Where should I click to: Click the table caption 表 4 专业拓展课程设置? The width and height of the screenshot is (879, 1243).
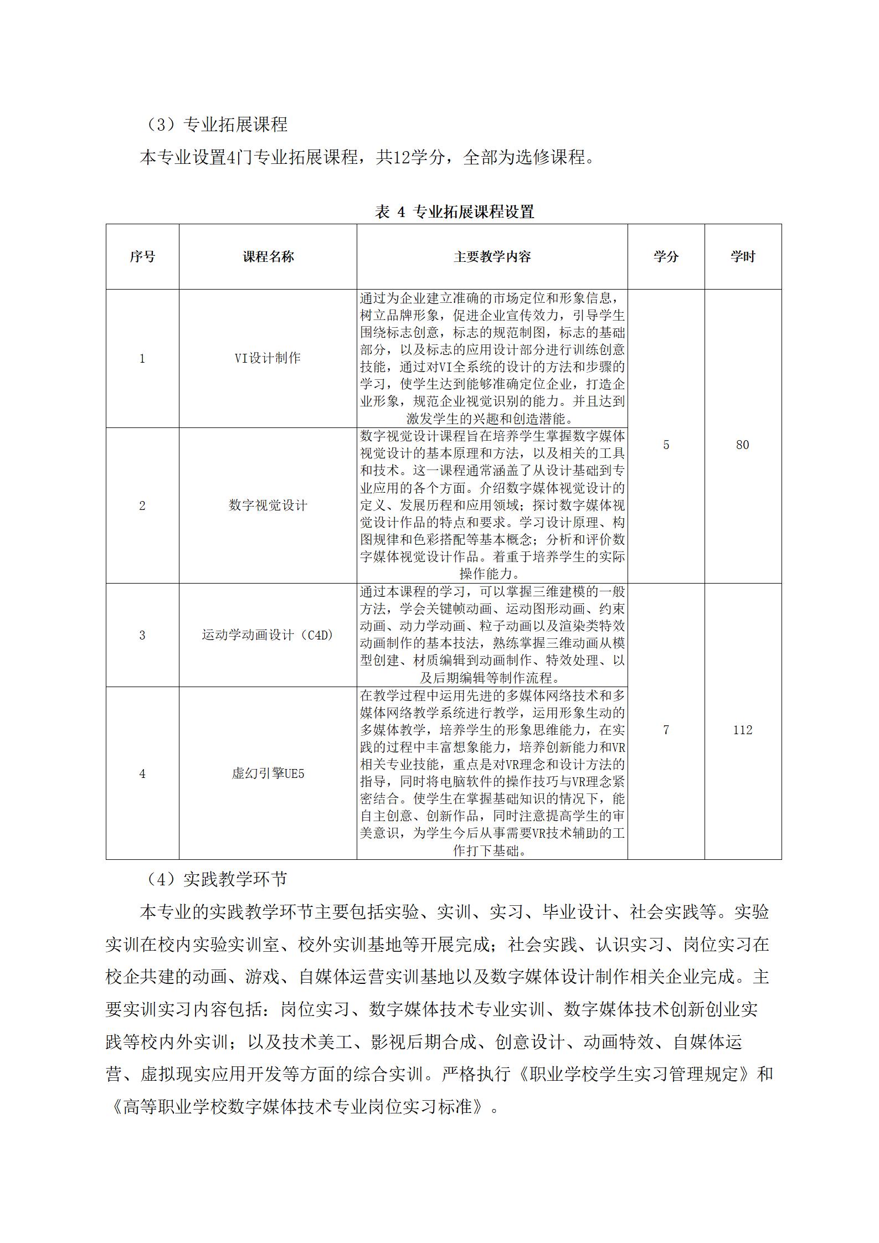[x=454, y=212]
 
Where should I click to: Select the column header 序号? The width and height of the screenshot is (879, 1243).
[x=142, y=257]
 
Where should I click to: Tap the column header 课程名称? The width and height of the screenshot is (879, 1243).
[x=268, y=257]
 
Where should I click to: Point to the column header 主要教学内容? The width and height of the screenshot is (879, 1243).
[x=492, y=257]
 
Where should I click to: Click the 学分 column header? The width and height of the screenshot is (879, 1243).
[x=666, y=257]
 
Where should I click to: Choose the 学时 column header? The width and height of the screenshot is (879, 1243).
[x=742, y=257]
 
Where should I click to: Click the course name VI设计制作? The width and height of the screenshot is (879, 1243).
[x=268, y=358]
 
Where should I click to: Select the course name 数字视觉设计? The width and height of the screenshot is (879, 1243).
[x=268, y=505]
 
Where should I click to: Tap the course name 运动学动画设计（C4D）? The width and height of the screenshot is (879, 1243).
[x=268, y=635]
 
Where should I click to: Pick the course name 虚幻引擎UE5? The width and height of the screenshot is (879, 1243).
[x=268, y=773]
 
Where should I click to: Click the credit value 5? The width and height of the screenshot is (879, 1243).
[x=666, y=445]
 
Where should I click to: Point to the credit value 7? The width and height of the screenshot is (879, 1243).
[x=666, y=730]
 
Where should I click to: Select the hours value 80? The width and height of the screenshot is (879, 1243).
[x=742, y=445]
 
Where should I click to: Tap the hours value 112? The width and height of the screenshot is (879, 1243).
[x=742, y=730]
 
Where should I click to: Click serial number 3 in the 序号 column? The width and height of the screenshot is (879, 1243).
[x=142, y=635]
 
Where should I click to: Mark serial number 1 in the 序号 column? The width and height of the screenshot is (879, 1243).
[x=142, y=358]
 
